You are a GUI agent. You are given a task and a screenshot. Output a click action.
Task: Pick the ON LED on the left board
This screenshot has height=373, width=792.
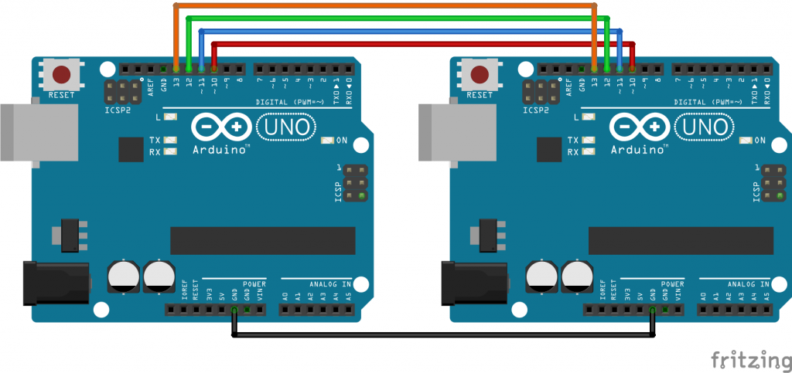point(329,141)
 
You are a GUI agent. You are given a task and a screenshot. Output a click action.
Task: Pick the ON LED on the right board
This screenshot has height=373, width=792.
point(746,141)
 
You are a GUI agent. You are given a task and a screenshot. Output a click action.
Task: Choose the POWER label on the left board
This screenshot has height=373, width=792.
point(254,284)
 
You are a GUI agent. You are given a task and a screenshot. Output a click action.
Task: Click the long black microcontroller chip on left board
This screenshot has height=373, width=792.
point(263,241)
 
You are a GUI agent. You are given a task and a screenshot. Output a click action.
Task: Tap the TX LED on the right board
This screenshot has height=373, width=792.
point(589,141)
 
